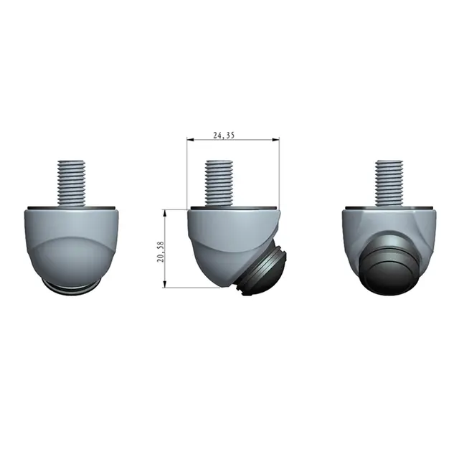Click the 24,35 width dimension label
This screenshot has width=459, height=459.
[224, 136]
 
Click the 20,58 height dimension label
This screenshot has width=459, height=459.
[161, 252]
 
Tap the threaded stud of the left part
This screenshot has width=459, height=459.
[72, 183]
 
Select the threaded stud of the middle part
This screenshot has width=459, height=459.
[219, 183]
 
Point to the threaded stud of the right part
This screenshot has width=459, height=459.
[389, 183]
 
